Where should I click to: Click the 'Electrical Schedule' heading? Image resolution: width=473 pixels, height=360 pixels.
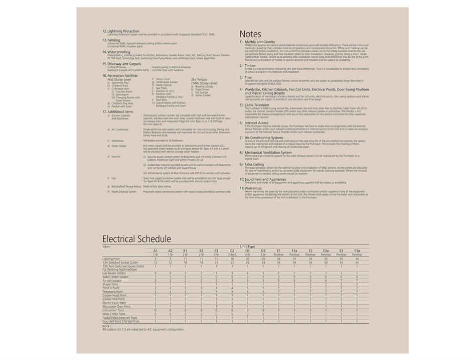136,239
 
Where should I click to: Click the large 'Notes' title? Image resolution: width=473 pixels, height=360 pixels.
250,35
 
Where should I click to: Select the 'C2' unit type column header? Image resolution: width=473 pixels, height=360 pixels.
232,251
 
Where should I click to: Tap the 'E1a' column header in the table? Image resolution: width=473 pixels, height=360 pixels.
294,251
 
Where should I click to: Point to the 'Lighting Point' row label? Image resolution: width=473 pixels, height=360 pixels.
111,259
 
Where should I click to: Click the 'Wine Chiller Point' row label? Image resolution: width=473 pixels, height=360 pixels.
114,314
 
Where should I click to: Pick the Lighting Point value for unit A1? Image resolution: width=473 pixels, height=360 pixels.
155,259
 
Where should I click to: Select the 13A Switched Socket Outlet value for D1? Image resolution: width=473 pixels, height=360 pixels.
247,262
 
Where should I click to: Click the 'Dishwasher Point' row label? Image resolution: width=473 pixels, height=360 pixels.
113,310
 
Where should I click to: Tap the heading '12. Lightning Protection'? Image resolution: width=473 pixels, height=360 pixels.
121,31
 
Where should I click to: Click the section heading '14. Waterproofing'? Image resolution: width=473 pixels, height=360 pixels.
116,52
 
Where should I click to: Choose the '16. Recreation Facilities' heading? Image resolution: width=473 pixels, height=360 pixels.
120,75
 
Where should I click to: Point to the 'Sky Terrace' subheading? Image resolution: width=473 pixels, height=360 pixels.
199,79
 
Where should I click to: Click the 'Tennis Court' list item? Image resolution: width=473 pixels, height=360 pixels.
163,79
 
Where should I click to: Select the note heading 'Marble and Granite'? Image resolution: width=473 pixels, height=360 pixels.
260,42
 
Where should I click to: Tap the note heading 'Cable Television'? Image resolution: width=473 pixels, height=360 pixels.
257,105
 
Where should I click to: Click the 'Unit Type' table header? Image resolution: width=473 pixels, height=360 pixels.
247,247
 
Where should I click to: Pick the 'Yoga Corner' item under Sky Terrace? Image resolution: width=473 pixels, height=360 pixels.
202,89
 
